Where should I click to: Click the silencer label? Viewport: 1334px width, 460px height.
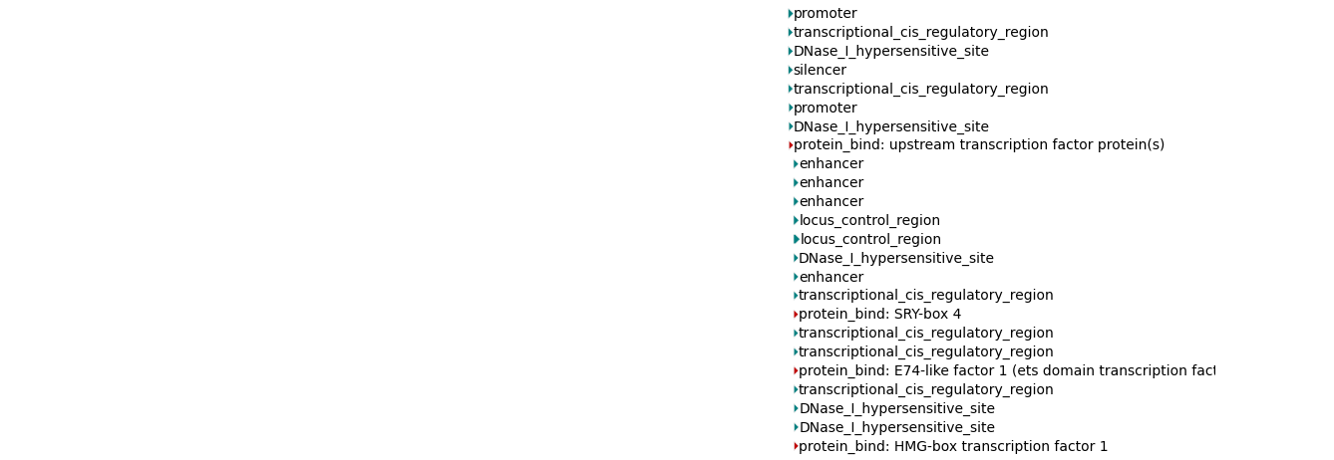(x=820, y=71)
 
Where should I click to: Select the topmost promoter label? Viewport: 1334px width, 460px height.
(x=825, y=13)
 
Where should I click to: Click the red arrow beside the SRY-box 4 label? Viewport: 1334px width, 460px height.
(x=796, y=315)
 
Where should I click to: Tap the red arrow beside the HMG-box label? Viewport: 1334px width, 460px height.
(x=796, y=446)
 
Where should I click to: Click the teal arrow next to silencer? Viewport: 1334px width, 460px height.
(x=791, y=71)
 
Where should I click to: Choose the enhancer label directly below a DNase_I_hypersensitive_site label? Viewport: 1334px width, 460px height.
(x=832, y=278)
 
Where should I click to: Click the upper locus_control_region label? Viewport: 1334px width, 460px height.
(x=869, y=220)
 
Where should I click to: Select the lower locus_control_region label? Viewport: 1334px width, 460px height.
(x=870, y=239)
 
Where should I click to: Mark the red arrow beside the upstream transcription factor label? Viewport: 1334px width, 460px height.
(x=791, y=145)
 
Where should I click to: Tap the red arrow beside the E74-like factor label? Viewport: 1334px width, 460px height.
(x=796, y=370)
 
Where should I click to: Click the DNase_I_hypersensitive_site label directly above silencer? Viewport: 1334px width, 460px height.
(x=891, y=51)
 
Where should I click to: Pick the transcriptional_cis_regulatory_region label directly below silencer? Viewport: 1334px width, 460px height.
(x=920, y=90)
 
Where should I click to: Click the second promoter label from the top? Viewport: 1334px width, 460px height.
(x=825, y=108)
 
